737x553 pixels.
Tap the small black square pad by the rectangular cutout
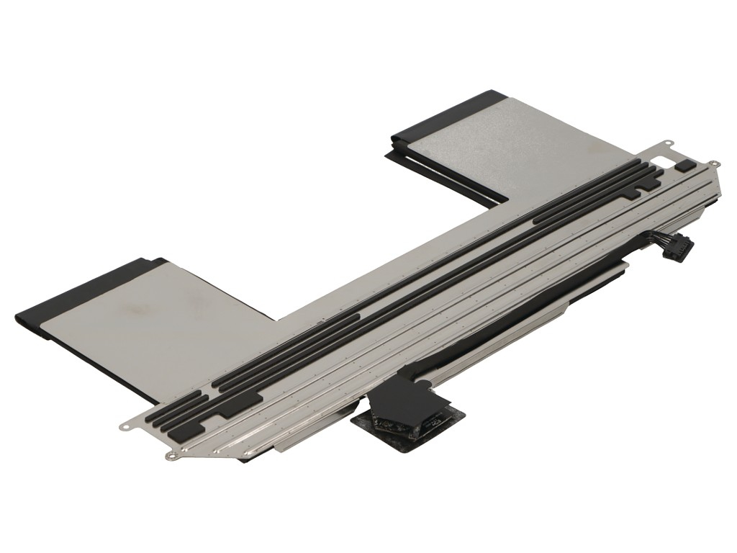click(684, 165)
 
